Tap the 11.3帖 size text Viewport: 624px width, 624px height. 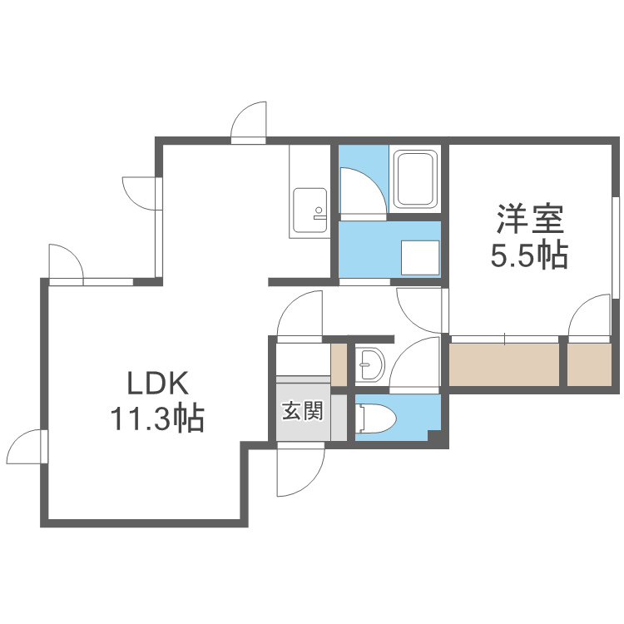(x=157, y=418)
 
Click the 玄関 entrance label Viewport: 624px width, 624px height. (x=301, y=410)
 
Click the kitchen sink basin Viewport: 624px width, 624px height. (x=310, y=207)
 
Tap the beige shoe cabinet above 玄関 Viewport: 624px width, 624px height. (x=338, y=364)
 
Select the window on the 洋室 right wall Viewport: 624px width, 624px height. (x=617, y=245)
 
